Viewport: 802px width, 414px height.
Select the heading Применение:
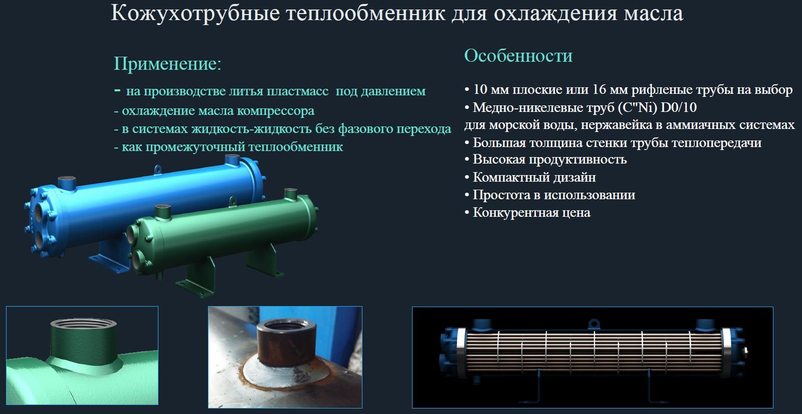[167, 64]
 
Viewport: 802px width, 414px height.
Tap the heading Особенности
[518, 55]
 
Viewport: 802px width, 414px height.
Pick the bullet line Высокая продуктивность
[549, 160]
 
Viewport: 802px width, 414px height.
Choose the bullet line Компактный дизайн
[534, 177]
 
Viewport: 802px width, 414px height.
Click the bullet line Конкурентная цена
[531, 212]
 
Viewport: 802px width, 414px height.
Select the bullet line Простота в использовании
[554, 195]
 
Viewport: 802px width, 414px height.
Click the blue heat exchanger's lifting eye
[157, 170]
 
